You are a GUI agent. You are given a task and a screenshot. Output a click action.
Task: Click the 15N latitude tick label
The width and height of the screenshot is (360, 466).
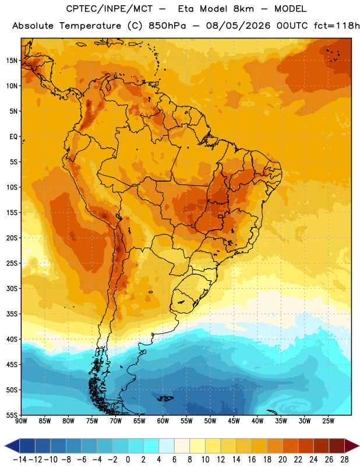[x=12, y=61]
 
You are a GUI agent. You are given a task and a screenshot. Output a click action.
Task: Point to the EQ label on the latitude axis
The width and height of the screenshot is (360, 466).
[x=13, y=137]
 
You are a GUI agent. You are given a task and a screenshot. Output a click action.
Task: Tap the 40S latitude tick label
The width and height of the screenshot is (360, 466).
[x=12, y=339]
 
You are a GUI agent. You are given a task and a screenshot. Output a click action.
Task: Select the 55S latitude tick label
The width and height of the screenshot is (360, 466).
[x=12, y=415]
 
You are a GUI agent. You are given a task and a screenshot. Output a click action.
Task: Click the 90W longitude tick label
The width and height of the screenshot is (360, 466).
[x=21, y=421]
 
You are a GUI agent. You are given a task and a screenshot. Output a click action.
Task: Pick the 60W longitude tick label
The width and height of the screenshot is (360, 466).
[x=163, y=421]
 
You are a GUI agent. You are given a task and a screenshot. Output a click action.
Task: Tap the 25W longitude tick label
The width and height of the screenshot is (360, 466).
[x=328, y=421]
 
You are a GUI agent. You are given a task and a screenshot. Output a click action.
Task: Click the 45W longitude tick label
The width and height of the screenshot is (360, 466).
[x=234, y=421]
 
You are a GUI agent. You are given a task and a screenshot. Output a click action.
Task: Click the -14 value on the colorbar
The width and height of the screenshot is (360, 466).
[x=20, y=460]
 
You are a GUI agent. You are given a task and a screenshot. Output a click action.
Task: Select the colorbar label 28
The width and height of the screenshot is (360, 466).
[x=344, y=460]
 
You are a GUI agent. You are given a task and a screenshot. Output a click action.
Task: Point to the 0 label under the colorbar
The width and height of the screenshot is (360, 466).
[x=128, y=460]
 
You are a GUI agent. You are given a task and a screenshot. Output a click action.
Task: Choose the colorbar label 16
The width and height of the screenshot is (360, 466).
[x=252, y=460]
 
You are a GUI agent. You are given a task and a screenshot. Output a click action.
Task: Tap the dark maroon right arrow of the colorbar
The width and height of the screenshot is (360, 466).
[x=351, y=446]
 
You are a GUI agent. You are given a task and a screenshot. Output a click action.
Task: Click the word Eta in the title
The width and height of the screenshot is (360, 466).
[x=185, y=9]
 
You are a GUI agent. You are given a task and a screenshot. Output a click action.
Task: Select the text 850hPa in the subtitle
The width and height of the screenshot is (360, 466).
[x=167, y=26]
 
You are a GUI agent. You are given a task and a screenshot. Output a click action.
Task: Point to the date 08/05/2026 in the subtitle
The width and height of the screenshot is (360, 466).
[x=238, y=26]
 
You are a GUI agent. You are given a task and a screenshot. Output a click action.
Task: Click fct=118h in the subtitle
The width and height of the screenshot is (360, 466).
[x=337, y=26]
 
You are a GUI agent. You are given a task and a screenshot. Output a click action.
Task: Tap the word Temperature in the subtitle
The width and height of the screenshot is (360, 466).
[x=90, y=26]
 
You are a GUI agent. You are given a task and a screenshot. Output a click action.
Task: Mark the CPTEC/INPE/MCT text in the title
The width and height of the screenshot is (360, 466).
[x=110, y=9]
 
